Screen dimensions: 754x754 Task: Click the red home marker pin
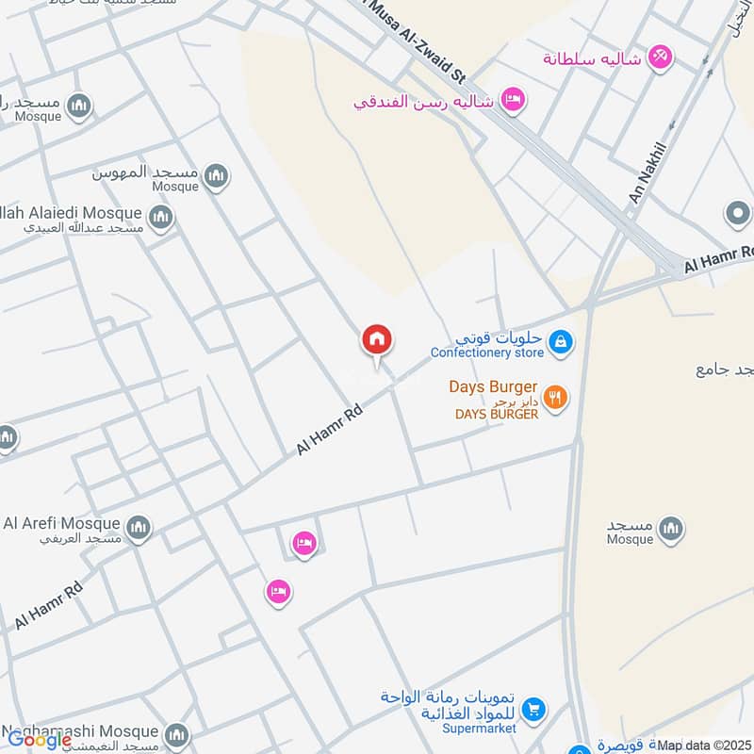click(x=377, y=339)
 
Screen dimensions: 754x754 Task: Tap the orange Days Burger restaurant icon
click(x=555, y=398)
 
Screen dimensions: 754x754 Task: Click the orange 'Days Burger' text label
click(x=492, y=387)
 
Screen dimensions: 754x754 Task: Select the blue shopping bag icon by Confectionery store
click(x=560, y=341)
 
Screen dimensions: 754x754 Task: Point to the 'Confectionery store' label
click(x=486, y=353)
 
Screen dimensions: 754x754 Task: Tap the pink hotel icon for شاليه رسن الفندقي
click(x=512, y=99)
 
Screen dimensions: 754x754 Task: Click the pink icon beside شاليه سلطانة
click(x=661, y=57)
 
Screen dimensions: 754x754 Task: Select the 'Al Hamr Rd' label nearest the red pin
click(x=330, y=431)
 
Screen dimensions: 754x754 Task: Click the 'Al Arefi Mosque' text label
click(x=62, y=523)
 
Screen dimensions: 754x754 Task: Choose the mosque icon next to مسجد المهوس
click(x=217, y=175)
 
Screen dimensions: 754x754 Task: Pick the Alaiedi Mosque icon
click(x=161, y=218)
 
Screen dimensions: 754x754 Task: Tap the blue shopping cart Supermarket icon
click(x=533, y=709)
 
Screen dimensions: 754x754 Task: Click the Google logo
click(x=40, y=740)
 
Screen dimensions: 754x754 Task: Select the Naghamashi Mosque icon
click(x=176, y=734)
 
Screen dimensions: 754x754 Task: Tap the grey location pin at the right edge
click(x=738, y=214)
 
